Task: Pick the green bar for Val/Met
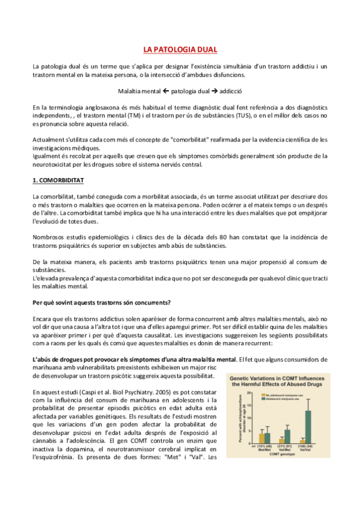287,437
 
